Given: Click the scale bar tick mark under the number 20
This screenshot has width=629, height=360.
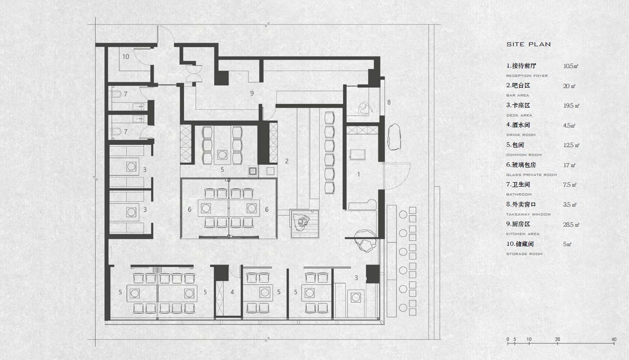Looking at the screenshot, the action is (557, 343).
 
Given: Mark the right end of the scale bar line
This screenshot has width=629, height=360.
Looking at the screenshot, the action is (614, 343).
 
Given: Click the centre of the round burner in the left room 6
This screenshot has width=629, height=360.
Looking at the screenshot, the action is (206, 208).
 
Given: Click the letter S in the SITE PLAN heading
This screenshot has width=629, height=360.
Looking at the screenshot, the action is (509, 44).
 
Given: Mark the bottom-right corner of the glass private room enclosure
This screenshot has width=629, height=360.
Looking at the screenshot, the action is (277, 239).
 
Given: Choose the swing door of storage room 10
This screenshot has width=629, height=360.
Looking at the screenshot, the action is (142, 56).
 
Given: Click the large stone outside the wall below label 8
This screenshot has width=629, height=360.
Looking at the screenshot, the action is (394, 137).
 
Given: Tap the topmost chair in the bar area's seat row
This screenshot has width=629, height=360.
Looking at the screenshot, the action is (329, 118).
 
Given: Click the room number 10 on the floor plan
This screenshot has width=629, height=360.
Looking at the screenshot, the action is (125, 57).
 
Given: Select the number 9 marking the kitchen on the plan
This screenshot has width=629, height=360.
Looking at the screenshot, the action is (252, 93).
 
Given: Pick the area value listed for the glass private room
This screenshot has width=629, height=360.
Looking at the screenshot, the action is (569, 165).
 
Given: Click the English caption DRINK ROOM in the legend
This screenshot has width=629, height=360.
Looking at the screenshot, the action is (521, 135).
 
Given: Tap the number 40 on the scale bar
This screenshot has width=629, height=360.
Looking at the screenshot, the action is (614, 339).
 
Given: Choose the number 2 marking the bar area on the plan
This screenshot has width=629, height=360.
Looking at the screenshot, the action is (287, 161).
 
